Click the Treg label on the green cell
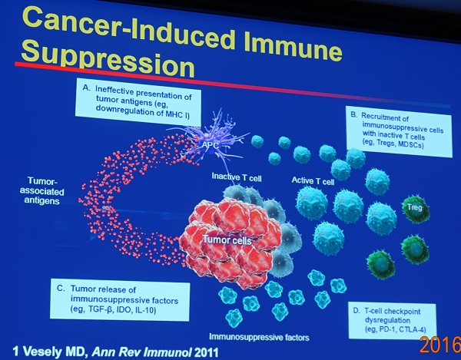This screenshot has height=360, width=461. tap(415, 207)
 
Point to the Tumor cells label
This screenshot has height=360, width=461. tap(227, 240)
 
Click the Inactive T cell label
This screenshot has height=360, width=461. tap(237, 177)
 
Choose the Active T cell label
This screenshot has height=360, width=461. tap(313, 180)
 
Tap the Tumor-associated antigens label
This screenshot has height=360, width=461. tap(42, 190)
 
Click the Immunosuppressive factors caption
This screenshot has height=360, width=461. tap(259, 337)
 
